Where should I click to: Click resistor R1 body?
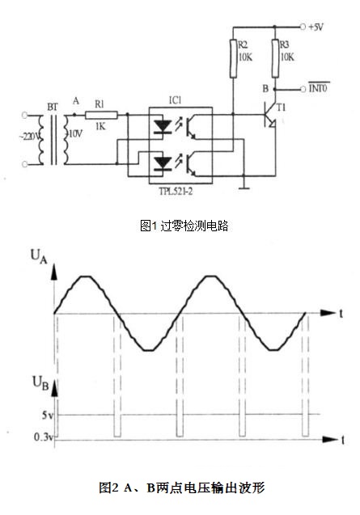point(101,115)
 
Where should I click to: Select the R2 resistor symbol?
point(233,58)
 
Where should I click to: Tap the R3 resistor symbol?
point(275,58)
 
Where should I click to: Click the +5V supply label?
point(316,27)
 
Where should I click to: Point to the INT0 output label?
point(318,87)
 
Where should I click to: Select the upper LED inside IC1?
point(163,126)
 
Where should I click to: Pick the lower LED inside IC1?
point(163,163)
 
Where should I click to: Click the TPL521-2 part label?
point(176,191)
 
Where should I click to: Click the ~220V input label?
point(29,136)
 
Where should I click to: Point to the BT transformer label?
point(53,107)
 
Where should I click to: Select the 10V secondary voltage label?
point(75,133)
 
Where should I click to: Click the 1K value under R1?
point(100,126)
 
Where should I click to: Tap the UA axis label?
point(39,257)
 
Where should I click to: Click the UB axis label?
point(40,383)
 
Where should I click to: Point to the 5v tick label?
point(48,416)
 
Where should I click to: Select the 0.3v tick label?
point(44,437)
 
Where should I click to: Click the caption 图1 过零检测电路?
point(184,226)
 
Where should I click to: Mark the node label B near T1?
point(265,88)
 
